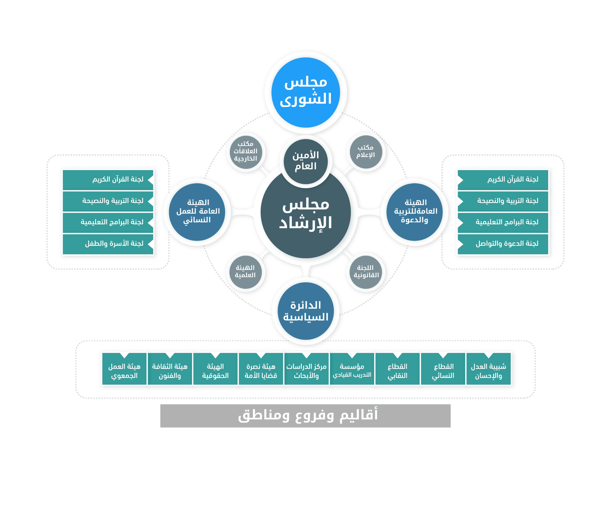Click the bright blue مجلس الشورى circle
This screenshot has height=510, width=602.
coord(306,92)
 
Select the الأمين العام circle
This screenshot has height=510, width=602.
coord(306,161)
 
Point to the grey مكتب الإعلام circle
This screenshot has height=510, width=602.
coord(366,151)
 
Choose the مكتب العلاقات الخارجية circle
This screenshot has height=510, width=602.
coord(245,151)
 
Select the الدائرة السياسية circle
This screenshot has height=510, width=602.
coord(306,311)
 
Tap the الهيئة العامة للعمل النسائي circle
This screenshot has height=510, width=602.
coord(197,211)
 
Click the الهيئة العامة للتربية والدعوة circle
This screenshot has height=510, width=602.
coord(415,211)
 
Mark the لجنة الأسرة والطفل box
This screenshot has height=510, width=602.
coord(108,244)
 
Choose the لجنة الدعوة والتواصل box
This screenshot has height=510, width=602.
coord(503,244)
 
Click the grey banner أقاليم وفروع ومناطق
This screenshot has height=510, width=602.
coord(305,415)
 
